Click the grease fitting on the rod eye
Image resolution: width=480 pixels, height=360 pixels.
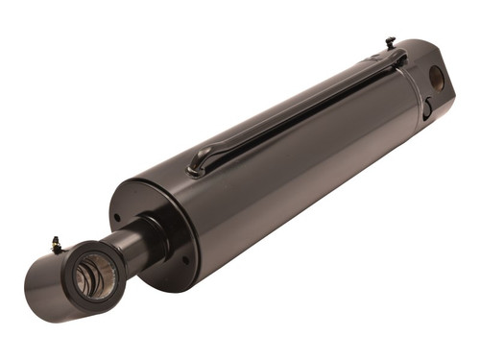[x=57, y=246]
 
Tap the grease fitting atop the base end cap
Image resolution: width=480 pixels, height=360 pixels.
[x=390, y=42]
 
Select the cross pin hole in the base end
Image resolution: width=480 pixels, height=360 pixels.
[x=437, y=78]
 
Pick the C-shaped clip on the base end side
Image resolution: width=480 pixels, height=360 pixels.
[x=424, y=108]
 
